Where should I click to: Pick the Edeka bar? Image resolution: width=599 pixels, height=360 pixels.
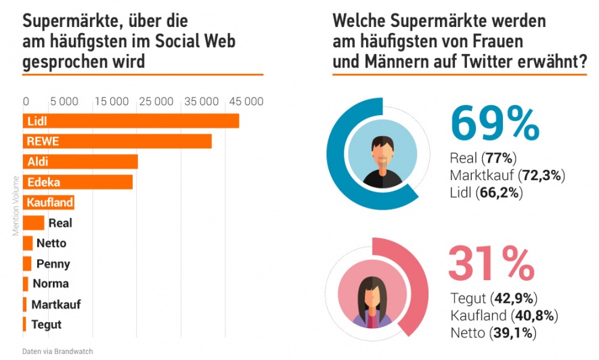point(78,182)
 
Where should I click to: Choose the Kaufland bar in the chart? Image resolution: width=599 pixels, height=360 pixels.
point(49,202)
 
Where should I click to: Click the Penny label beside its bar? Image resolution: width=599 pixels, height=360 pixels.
point(53,264)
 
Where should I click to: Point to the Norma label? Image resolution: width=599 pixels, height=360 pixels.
point(51,284)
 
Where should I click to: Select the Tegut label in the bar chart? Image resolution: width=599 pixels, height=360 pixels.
point(47,325)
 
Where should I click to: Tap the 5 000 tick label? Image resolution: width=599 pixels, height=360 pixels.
point(64,102)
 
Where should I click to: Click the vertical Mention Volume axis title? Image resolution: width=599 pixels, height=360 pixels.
point(15,206)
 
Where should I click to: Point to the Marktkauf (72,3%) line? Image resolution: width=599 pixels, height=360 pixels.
point(507,176)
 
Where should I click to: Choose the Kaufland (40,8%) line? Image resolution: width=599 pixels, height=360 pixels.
point(504,315)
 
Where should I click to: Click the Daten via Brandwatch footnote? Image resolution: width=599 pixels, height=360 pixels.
point(58,351)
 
